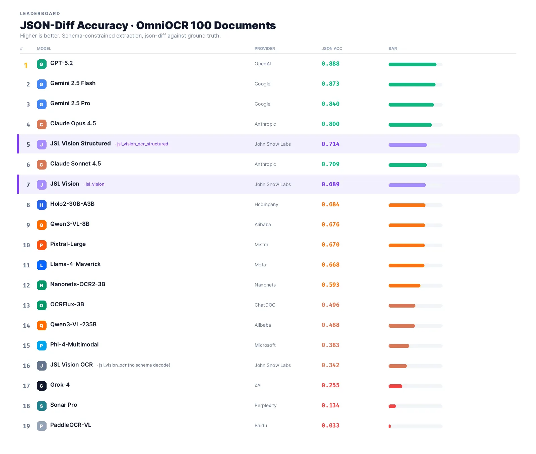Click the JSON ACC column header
[x=332, y=49]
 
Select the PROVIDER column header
[x=265, y=49]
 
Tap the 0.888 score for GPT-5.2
[x=330, y=64]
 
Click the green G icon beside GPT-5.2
[x=42, y=64]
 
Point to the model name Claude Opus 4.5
[x=73, y=123]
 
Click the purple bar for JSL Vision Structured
[x=408, y=145]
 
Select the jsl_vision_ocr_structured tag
[x=142, y=144]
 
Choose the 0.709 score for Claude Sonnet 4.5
[x=330, y=164]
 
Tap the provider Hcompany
[x=266, y=204]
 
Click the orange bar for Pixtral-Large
[x=407, y=245]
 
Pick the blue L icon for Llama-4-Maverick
[x=42, y=265]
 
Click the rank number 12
[x=26, y=285]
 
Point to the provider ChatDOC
[x=265, y=305]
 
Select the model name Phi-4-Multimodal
[x=74, y=344]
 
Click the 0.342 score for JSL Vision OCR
[x=330, y=365]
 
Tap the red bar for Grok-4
[x=395, y=386]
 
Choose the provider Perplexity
[x=266, y=405]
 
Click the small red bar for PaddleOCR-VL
[x=390, y=426]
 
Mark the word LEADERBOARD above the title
[x=40, y=14]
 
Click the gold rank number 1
[x=26, y=65]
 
